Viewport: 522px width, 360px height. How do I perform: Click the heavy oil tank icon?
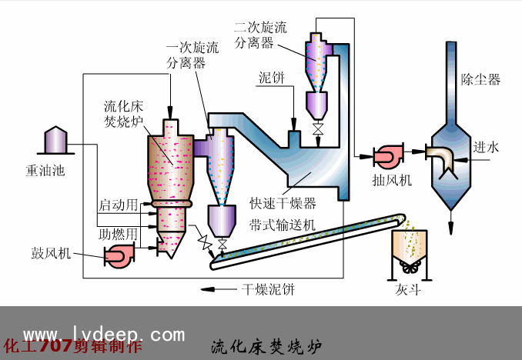coord(55,140)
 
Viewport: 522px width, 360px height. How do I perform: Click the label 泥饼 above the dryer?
coord(272,79)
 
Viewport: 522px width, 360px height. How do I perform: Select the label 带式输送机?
coord(282,225)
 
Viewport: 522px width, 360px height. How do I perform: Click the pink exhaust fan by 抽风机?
coord(386,155)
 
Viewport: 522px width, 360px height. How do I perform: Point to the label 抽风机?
coord(392,180)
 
